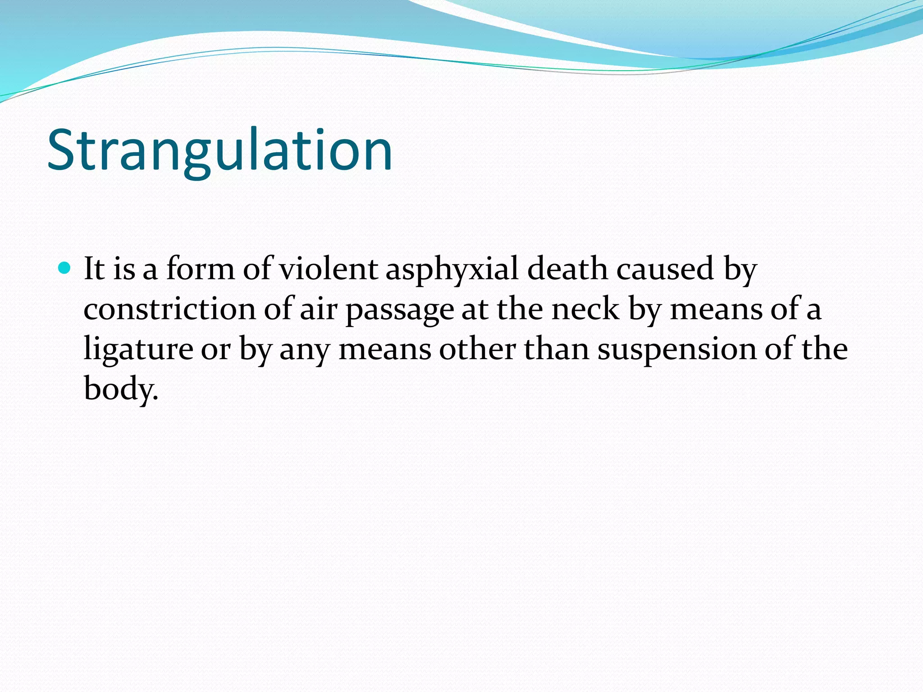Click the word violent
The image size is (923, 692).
[328, 269]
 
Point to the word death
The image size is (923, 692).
[567, 269]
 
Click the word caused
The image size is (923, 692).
[665, 269]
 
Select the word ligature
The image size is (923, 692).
[138, 351]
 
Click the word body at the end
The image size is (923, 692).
[120, 389]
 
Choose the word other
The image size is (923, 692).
[477, 350]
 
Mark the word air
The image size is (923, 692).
[319, 310]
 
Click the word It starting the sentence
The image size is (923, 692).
[94, 269]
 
